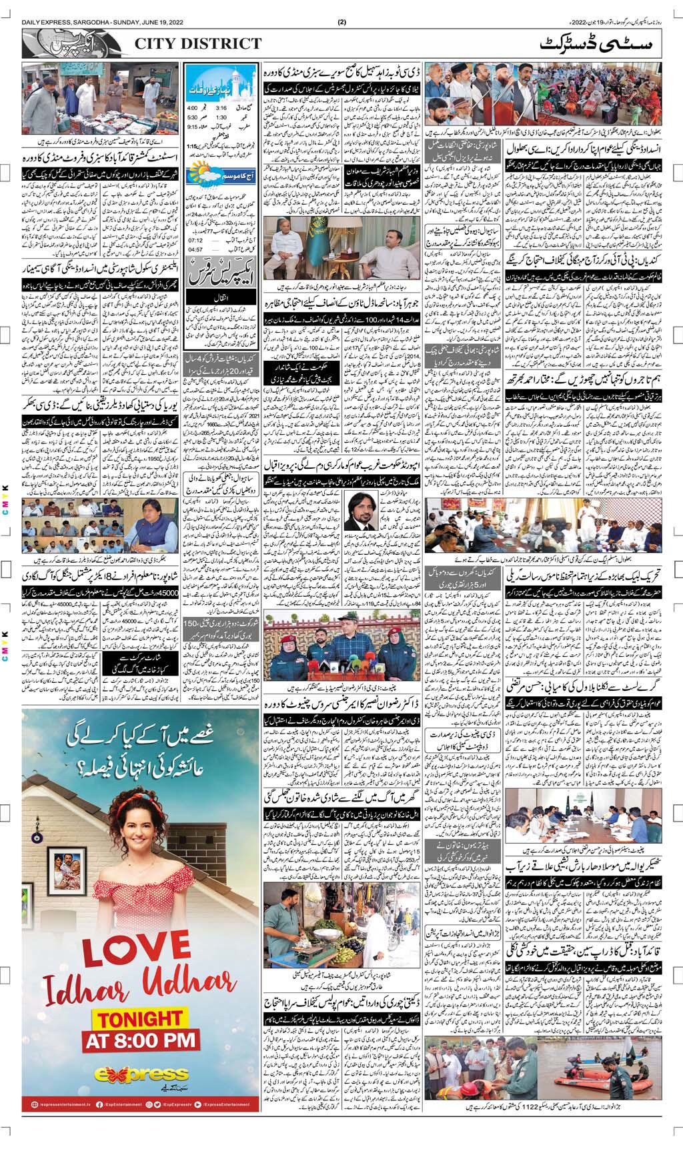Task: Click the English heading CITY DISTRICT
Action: tap(198, 44)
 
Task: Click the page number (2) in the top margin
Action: tap(341, 21)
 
